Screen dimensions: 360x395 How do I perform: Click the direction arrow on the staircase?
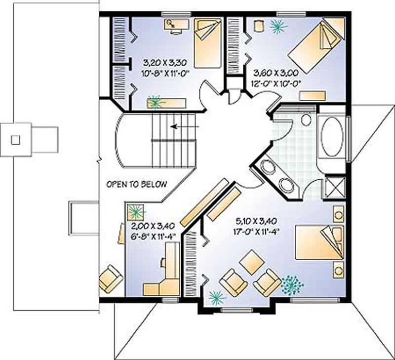coord(185,127)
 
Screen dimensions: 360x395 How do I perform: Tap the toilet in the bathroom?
coord(306,120)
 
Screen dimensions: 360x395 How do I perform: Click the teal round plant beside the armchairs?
coord(292,285)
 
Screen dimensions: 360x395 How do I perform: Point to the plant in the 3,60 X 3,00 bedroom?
coord(277,26)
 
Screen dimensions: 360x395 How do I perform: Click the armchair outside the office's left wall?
coord(110,278)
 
